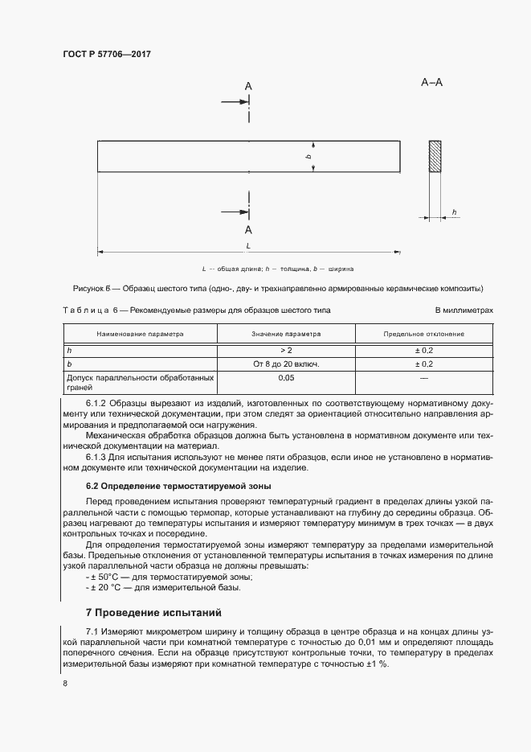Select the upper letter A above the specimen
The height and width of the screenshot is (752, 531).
point(248,86)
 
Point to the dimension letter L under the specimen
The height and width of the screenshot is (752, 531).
point(248,245)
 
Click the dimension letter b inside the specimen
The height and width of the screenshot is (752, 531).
point(308,157)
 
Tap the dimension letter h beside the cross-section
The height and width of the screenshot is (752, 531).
point(455,212)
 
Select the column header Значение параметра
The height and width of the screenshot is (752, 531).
point(286,334)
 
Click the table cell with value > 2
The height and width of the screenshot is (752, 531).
point(286,351)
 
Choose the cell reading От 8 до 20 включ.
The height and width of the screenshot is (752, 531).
point(286,364)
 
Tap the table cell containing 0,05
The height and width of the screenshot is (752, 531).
point(286,377)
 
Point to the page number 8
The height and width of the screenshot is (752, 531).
point(64,683)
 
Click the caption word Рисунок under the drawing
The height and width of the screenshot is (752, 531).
point(90,289)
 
